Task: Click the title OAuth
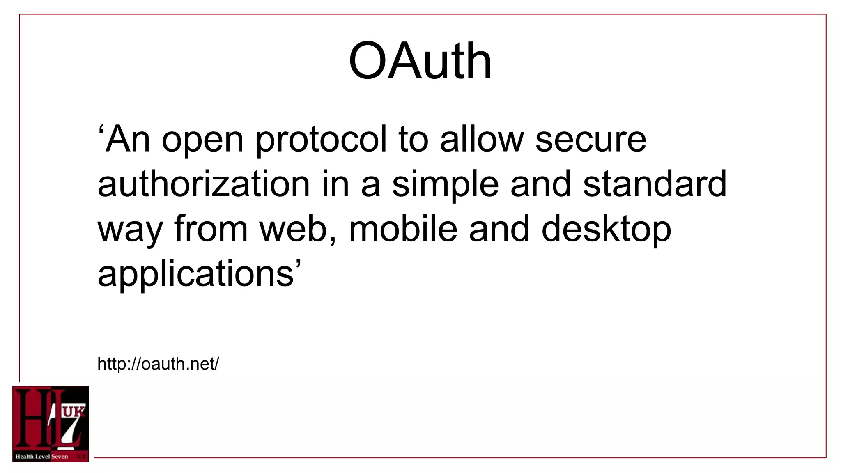click(x=420, y=62)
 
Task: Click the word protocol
click(x=321, y=140)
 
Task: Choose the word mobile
click(x=403, y=229)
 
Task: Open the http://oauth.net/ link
click(x=158, y=364)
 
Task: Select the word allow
click(x=482, y=140)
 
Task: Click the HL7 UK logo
click(x=51, y=424)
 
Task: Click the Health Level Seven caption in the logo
click(x=41, y=456)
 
